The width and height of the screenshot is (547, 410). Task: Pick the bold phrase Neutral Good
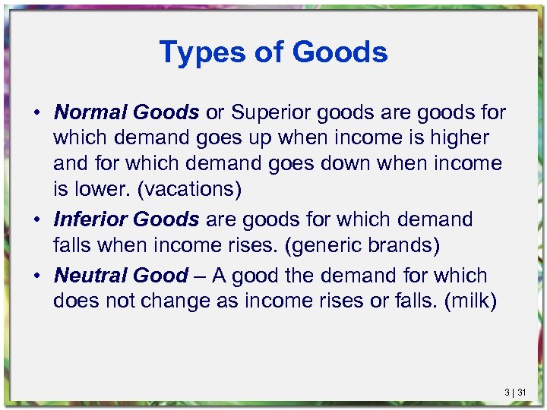coord(121,275)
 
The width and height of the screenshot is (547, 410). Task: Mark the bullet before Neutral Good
coord(36,276)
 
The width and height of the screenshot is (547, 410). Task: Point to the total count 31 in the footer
coord(522,393)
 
